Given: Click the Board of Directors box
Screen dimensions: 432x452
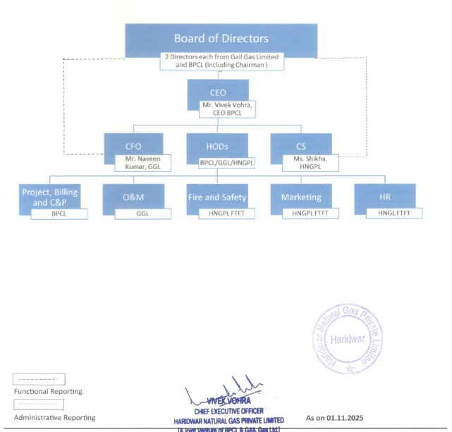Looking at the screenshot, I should tap(221, 38).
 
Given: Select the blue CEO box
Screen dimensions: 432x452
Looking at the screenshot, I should tap(218, 91).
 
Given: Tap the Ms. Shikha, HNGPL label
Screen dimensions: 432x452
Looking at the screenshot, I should tap(310, 163).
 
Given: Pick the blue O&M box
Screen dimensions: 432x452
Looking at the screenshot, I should tap(133, 197).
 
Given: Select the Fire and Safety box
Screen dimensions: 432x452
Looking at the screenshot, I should tap(217, 197).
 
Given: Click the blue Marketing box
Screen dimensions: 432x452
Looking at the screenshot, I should tap(301, 197).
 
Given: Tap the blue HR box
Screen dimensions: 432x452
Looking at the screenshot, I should tap(384, 197).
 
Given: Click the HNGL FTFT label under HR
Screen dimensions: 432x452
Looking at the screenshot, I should tap(393, 212).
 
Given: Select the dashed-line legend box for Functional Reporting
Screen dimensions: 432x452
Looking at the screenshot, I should tap(39, 379).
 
